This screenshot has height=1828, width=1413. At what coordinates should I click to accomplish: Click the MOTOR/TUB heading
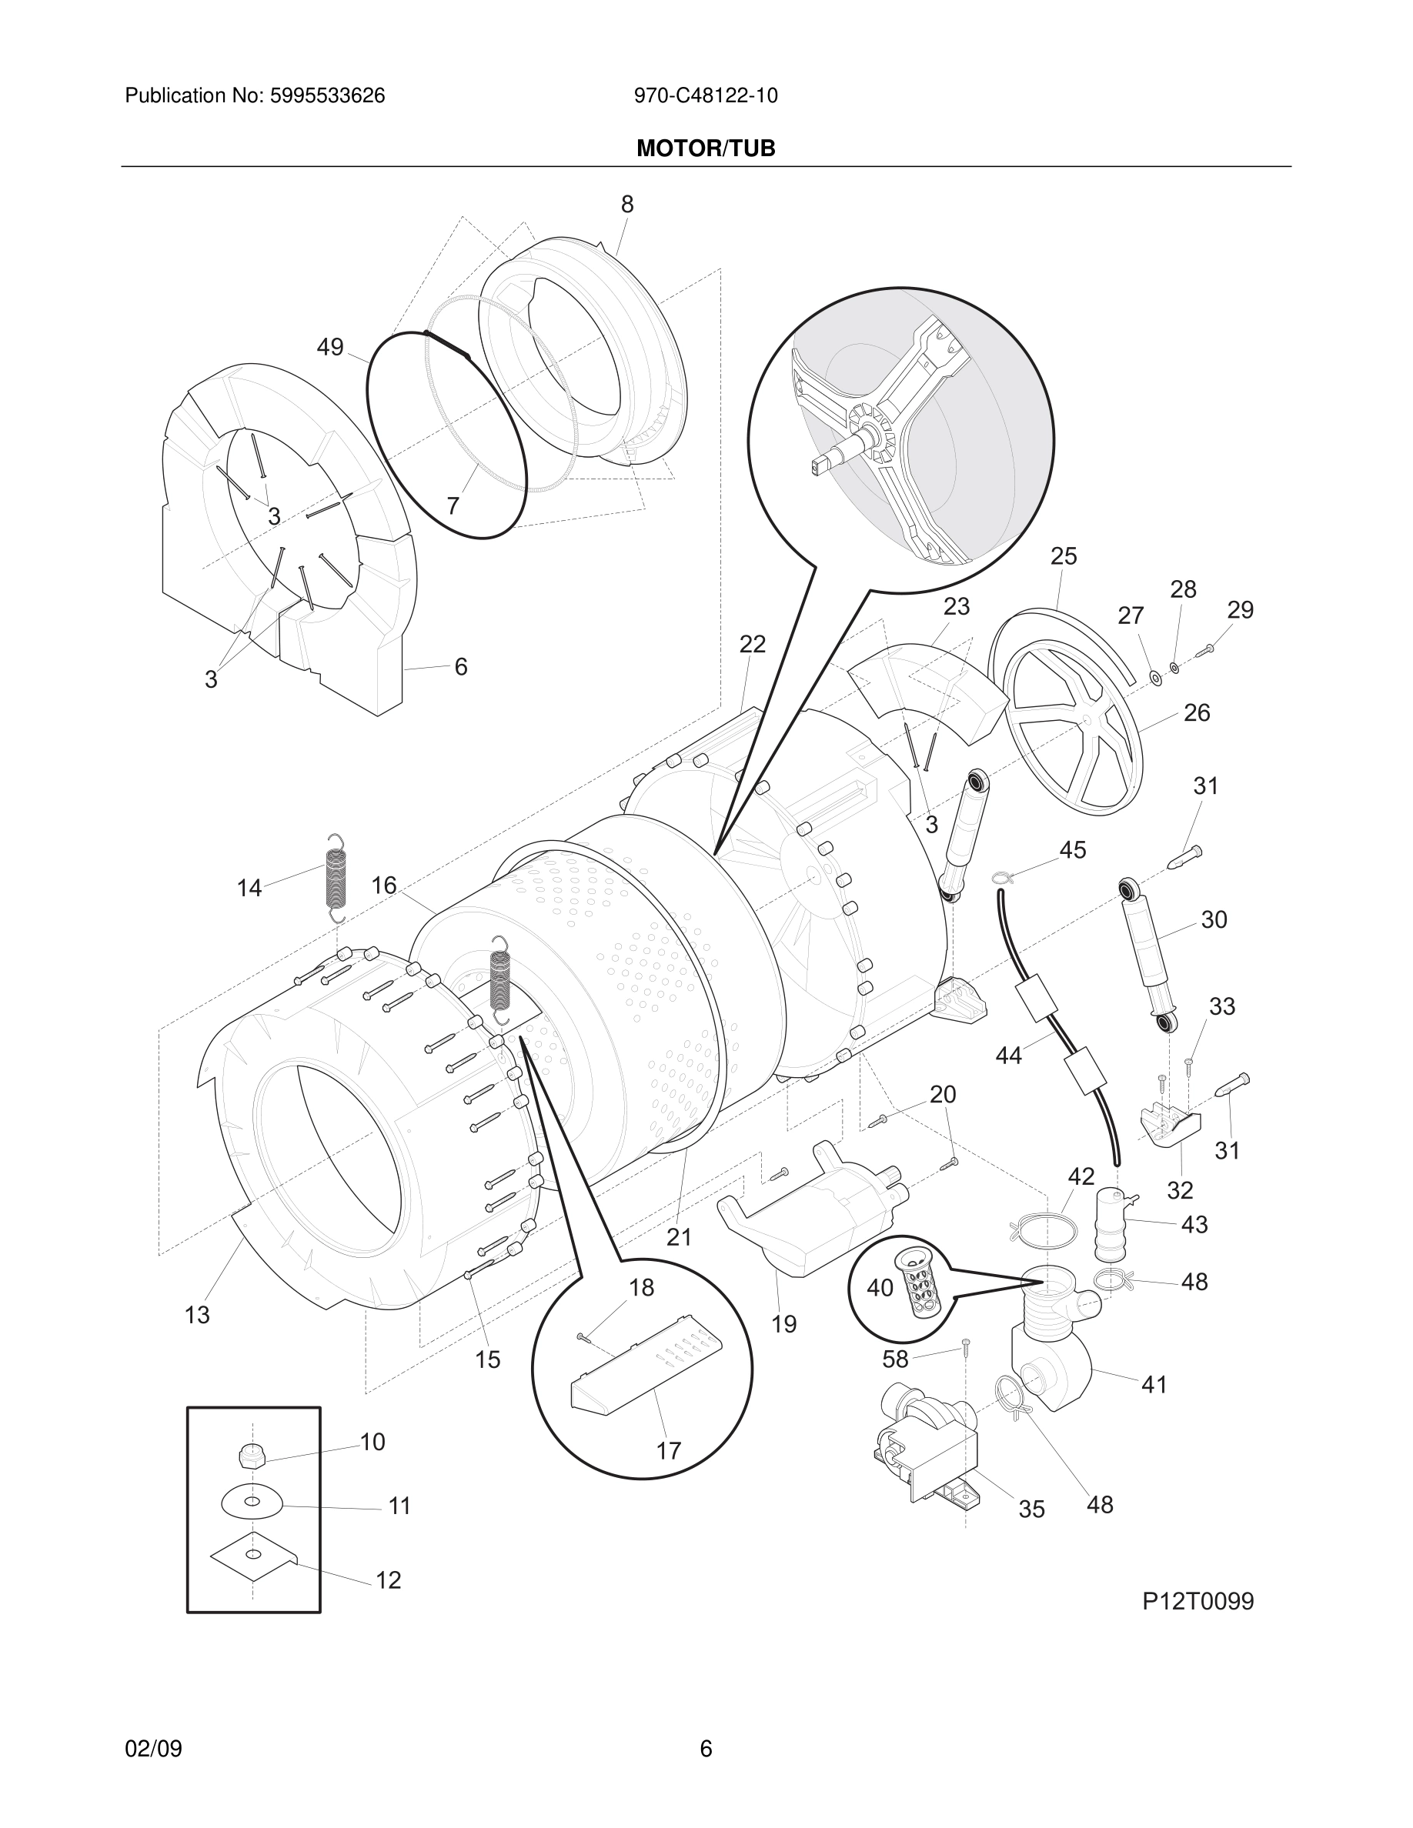tap(706, 148)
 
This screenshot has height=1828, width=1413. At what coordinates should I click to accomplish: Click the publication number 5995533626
tap(326, 96)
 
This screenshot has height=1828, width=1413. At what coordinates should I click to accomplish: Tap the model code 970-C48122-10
tap(706, 96)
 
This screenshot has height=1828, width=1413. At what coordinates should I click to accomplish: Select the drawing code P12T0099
tap(1198, 1601)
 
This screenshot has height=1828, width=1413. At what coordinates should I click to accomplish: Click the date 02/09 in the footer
tap(153, 1749)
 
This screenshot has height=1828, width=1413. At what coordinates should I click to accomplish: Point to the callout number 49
tap(330, 346)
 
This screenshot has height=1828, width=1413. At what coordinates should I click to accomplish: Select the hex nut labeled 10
tap(251, 1457)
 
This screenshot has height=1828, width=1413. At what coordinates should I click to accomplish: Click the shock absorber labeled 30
tap(1147, 955)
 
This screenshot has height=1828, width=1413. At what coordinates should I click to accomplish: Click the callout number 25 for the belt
tap(1063, 556)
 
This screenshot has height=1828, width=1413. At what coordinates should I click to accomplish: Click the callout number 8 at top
tap(627, 204)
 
